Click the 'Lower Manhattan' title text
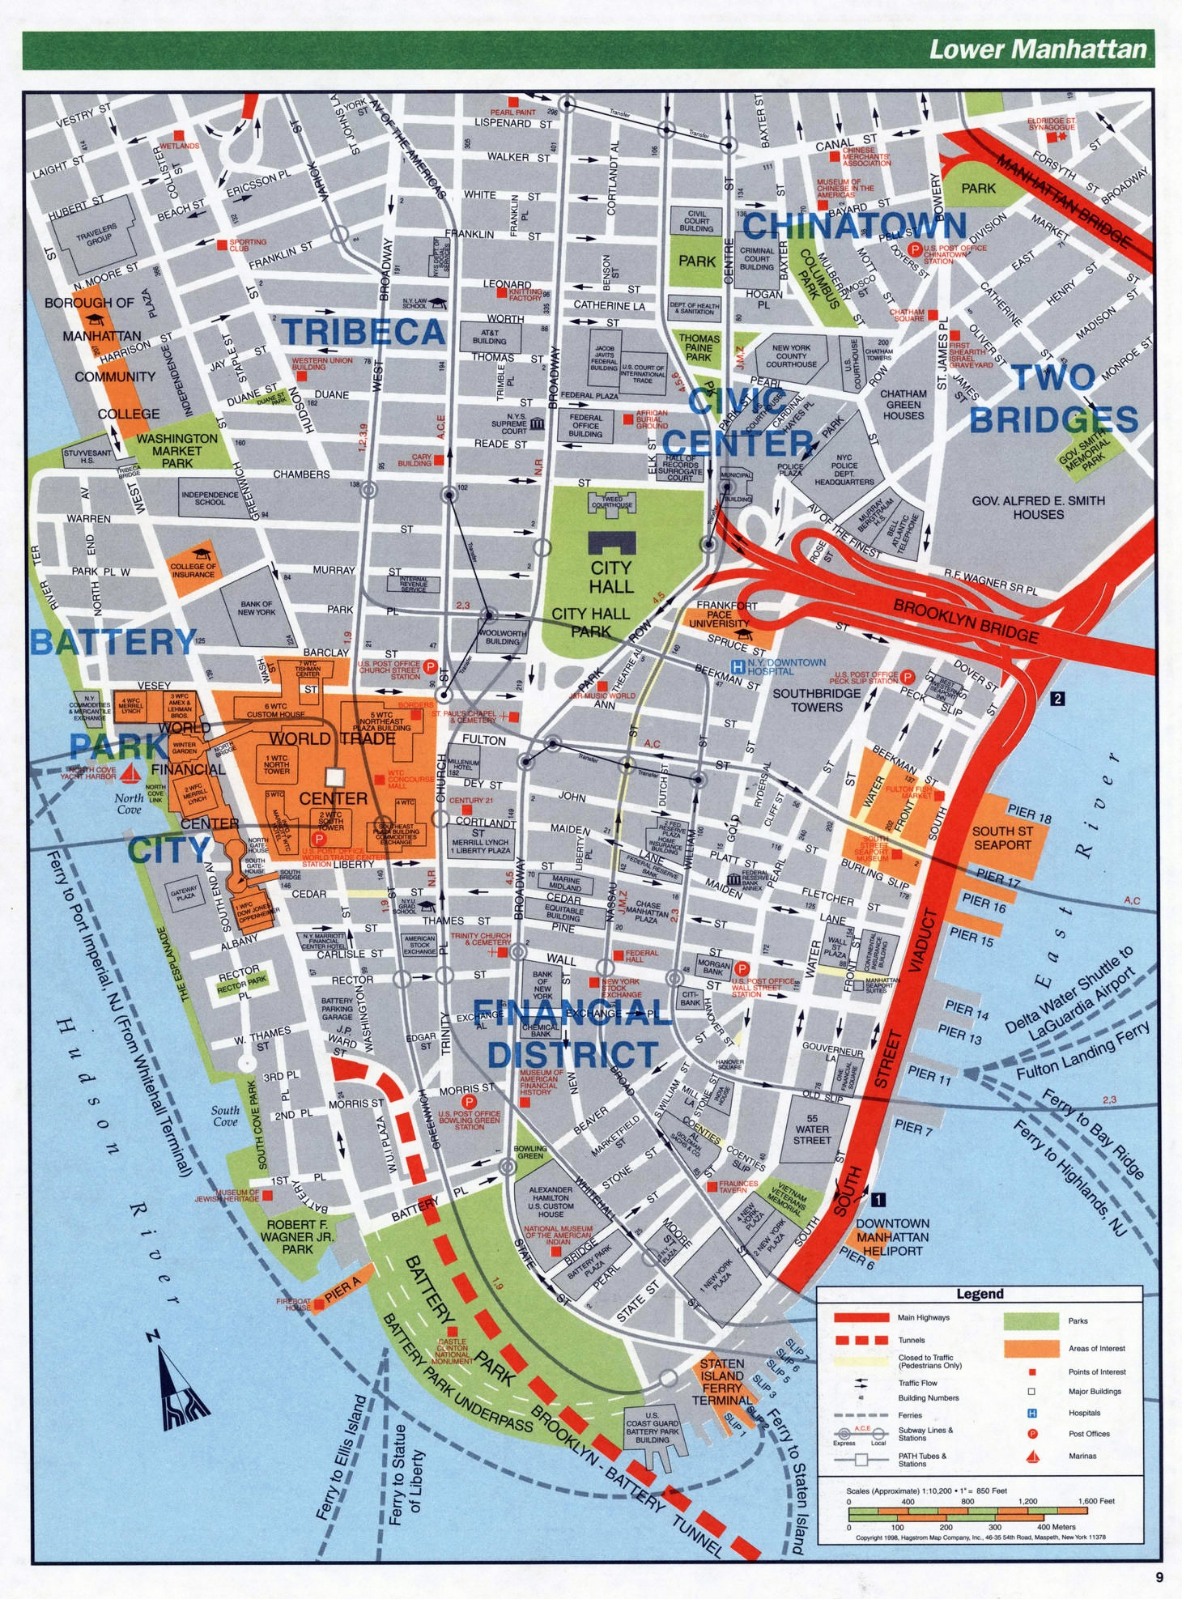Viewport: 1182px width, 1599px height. (x=1037, y=49)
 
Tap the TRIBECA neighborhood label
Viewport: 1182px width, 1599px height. (x=364, y=332)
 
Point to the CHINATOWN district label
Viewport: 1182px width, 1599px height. (x=854, y=225)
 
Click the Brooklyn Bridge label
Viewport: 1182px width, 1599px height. (x=965, y=619)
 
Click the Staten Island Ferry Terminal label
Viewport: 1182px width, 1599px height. (x=722, y=1381)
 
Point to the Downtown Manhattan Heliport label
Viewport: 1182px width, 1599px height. (x=892, y=1237)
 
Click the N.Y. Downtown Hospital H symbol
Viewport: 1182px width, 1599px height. (x=738, y=666)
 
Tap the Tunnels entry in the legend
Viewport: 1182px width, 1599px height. (x=911, y=1340)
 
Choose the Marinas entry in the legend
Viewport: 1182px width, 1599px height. (x=1082, y=1455)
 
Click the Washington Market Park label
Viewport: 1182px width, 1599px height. (x=176, y=450)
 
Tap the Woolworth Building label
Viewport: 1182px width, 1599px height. (x=502, y=637)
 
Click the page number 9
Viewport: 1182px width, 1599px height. (x=1159, y=1576)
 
